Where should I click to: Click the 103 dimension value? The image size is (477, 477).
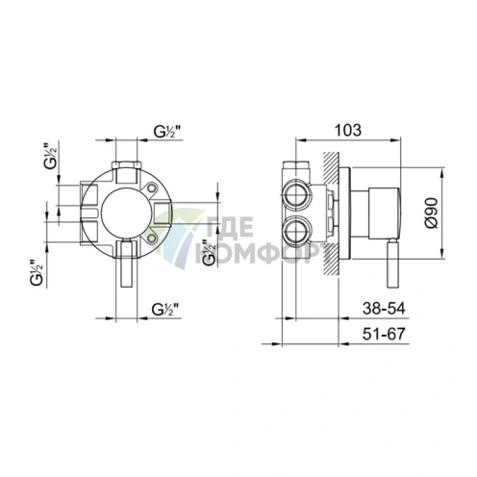[x=348, y=130]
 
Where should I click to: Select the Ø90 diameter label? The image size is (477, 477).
[x=432, y=213]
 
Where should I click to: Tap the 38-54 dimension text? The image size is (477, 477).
[x=384, y=309]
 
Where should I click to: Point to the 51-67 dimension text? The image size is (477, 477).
[x=384, y=334]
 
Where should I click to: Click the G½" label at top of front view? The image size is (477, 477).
[x=167, y=132]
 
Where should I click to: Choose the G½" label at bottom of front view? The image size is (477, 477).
[x=165, y=310]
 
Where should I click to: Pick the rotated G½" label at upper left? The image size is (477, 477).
[x=51, y=158]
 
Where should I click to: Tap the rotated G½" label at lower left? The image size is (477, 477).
[x=38, y=272]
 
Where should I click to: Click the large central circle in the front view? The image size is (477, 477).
[x=126, y=213]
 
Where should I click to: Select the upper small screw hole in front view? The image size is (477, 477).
[x=152, y=188]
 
